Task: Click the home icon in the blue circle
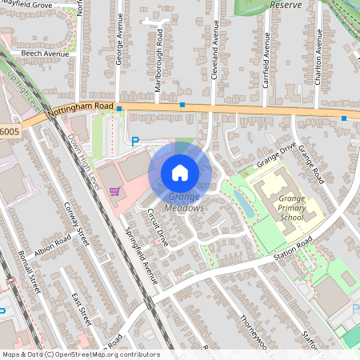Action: (180, 172)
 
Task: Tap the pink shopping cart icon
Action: (114, 191)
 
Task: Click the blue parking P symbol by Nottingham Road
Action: (135, 141)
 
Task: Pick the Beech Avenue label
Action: (46, 54)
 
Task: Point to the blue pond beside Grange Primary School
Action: (245, 205)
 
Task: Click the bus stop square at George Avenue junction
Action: (118, 107)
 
